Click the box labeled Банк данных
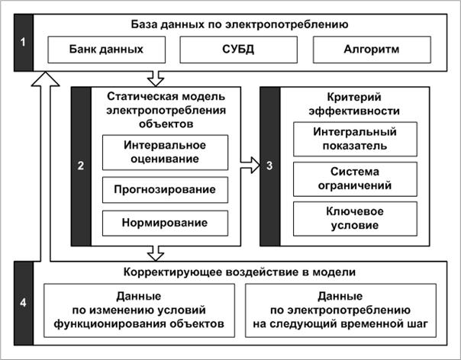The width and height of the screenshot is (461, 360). click(106, 50)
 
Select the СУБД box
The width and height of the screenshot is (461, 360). click(238, 50)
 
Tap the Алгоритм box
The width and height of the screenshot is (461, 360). click(372, 50)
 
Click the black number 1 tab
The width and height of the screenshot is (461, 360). click(24, 43)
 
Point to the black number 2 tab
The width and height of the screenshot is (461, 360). click(81, 166)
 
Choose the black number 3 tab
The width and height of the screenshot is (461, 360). click(270, 166)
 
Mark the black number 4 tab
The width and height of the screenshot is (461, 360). click(24, 303)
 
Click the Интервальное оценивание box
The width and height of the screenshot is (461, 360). click(165, 153)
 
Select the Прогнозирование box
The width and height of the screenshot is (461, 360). click(165, 190)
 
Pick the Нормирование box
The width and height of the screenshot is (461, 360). click(165, 223)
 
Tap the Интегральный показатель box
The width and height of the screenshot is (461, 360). click(355, 139)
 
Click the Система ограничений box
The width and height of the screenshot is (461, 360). click(355, 179)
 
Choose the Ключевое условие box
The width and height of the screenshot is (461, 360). click(355, 219)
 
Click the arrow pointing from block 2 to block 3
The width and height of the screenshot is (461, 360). click(250, 166)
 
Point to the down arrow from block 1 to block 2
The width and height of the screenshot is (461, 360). click(156, 79)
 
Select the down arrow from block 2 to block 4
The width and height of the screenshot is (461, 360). click(156, 254)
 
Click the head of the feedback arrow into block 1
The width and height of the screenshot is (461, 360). click(45, 79)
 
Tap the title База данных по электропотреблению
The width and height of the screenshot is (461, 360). click(240, 24)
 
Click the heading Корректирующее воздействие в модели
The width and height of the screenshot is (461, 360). click(240, 272)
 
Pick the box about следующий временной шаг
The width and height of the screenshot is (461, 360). click(340, 310)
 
